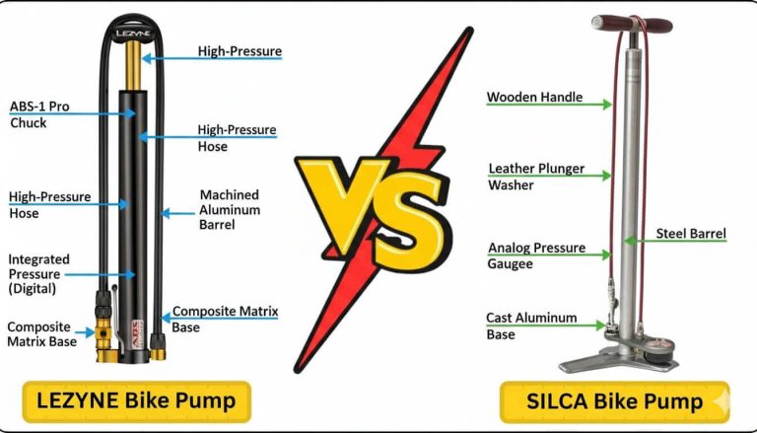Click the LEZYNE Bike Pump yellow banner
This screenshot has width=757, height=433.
tap(135, 400)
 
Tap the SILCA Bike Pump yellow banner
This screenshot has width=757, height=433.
tap(613, 401)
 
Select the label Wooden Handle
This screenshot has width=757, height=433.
tap(534, 98)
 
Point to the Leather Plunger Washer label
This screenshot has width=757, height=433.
tap(535, 177)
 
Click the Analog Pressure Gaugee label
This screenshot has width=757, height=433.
tap(535, 255)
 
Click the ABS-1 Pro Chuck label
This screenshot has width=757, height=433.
tap(39, 114)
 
